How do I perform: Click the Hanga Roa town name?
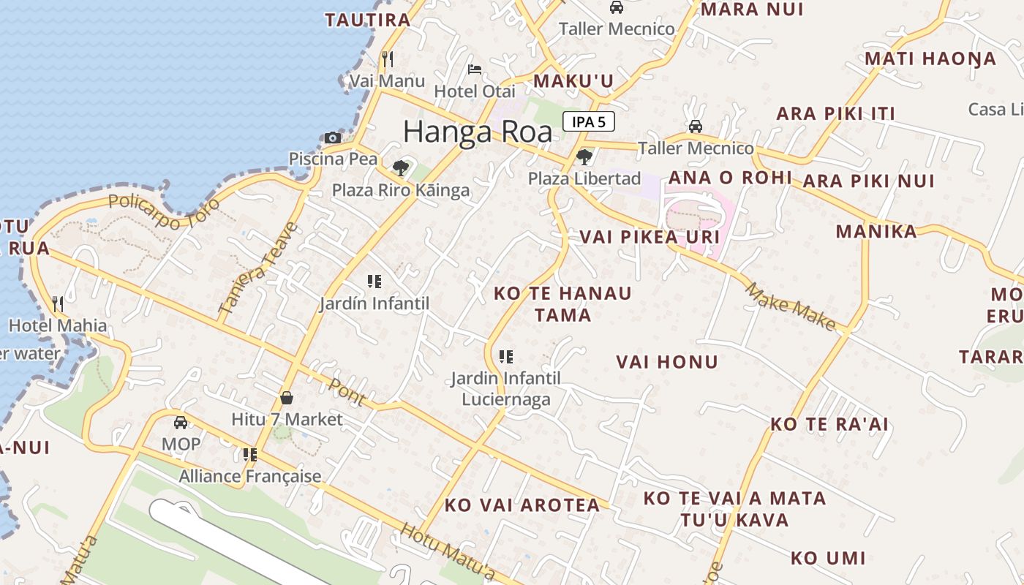[x=478, y=132]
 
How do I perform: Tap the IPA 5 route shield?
[x=588, y=121]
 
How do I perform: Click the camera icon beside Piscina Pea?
[x=333, y=137]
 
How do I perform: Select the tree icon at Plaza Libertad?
[x=584, y=156]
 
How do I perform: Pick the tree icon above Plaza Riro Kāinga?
[x=400, y=168]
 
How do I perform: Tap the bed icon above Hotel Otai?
[x=475, y=69]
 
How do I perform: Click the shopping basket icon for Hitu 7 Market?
[x=287, y=398]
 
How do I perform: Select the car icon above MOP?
[x=181, y=422]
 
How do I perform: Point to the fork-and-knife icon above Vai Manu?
[x=387, y=58]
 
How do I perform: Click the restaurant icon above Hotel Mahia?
[x=58, y=303]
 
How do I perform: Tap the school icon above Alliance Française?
[x=250, y=455]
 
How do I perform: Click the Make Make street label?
[x=791, y=306]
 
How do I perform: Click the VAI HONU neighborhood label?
[x=666, y=362]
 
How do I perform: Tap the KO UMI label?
[x=827, y=559]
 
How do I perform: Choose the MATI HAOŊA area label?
[x=930, y=58]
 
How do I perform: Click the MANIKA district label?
[x=876, y=232]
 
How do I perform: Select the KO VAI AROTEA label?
[x=522, y=505]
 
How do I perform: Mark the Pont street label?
[x=347, y=391]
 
